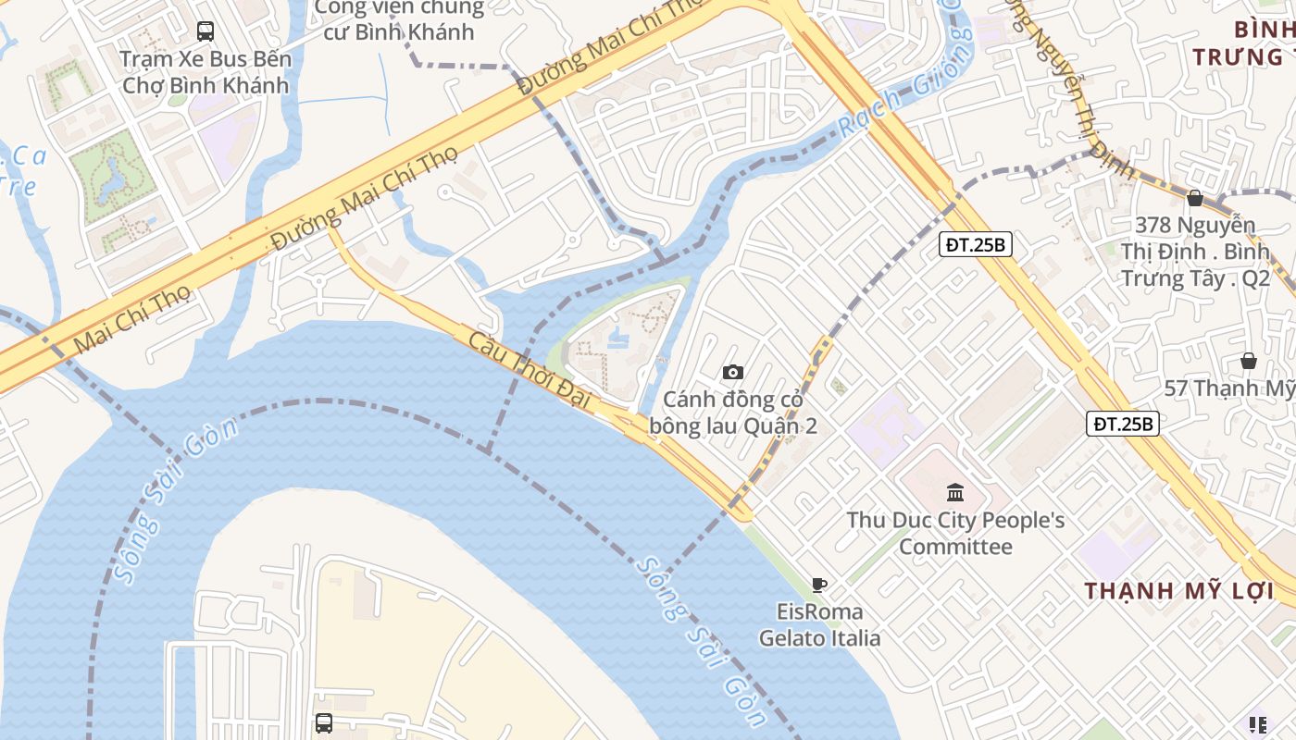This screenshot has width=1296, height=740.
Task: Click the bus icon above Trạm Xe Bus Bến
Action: [205, 31]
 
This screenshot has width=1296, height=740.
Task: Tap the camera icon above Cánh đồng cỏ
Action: [733, 372]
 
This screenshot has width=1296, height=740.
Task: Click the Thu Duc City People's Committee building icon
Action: [955, 492]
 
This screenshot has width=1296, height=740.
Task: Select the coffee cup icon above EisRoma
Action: [818, 585]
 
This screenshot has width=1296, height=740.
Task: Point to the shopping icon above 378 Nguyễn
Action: [1195, 197]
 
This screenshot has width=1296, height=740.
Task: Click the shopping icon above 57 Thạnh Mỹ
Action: [1248, 360]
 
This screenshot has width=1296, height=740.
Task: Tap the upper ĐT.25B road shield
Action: [976, 244]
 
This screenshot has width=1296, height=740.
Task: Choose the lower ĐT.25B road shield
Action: [1122, 424]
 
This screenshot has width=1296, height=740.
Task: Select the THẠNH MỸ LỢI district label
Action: [1178, 590]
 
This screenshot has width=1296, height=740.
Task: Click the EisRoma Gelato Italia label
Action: [819, 625]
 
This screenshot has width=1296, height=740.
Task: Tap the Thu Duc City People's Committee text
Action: [955, 533]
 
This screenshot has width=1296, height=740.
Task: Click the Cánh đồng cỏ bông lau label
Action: [732, 413]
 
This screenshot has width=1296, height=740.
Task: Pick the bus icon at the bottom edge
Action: [323, 723]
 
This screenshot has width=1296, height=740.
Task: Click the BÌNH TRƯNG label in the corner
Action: [1246, 43]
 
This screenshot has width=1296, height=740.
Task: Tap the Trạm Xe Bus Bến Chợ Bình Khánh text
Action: [205, 72]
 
